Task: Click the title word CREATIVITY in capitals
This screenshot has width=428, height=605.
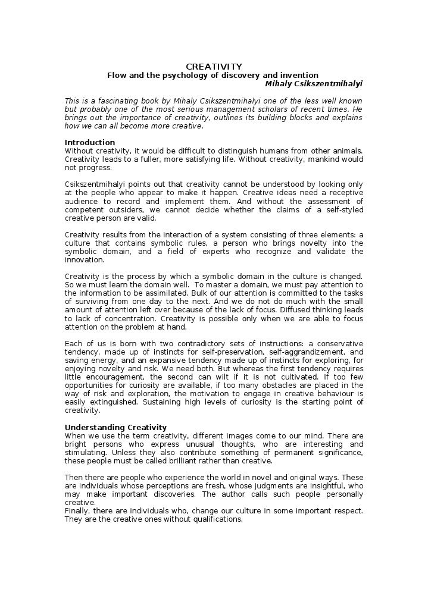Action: pyautogui.click(x=214, y=67)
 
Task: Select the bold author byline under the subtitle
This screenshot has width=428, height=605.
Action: pyautogui.click(x=313, y=84)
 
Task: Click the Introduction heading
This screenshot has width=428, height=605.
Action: pyautogui.click(x=89, y=143)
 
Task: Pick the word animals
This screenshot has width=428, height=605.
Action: pyautogui.click(x=346, y=151)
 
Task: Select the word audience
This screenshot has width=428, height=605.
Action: pyautogui.click(x=82, y=201)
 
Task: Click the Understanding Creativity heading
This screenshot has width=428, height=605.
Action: pyautogui.click(x=115, y=428)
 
